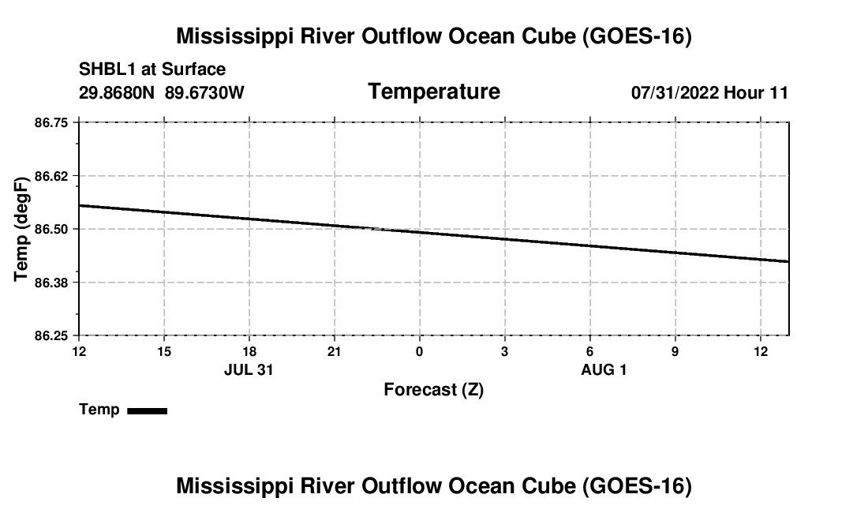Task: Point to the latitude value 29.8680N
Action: tap(116, 92)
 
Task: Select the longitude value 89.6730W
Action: tap(204, 92)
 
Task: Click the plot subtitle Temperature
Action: tap(434, 92)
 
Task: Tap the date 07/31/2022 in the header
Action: tap(675, 92)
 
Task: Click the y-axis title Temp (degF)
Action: tap(21, 229)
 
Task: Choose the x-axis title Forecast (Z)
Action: tap(434, 390)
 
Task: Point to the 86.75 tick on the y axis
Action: tap(51, 123)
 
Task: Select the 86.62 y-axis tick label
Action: tap(51, 177)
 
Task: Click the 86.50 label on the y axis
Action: tap(51, 229)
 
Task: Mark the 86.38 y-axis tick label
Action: tap(51, 283)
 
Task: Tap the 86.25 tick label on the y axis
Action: tap(51, 336)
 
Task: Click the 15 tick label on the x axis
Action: tap(164, 351)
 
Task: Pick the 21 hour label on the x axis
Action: tap(335, 351)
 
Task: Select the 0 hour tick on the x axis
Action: tap(420, 351)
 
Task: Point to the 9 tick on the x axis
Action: tap(675, 351)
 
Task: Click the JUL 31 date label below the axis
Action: tap(249, 369)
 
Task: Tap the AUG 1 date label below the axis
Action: tap(604, 369)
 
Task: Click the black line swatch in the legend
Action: tap(148, 410)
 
